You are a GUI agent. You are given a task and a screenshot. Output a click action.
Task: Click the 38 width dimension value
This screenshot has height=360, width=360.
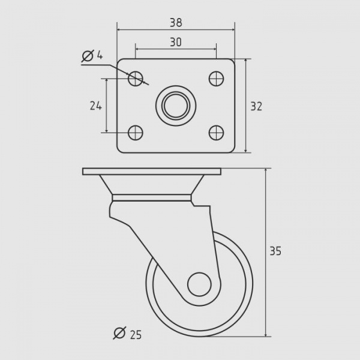(x=176, y=23)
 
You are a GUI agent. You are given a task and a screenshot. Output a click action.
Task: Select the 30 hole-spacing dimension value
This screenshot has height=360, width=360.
(x=176, y=42)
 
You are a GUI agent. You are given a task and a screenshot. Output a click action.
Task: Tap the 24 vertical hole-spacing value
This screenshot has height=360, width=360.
(x=95, y=106)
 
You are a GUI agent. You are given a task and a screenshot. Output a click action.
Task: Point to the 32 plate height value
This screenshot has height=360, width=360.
(x=256, y=107)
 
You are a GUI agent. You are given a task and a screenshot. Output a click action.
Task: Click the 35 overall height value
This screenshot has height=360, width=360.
(x=275, y=251)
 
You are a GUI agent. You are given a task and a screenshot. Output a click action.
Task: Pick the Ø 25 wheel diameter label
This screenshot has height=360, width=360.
(x=128, y=333)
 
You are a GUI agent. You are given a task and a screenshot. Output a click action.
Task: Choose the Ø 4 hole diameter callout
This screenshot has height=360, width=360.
(x=92, y=56)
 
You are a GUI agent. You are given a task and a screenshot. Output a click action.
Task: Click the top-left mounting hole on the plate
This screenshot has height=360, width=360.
(x=136, y=79)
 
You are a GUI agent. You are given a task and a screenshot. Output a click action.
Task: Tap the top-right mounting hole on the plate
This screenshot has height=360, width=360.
(x=216, y=79)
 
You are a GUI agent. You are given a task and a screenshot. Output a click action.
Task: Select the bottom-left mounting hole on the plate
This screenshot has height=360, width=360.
(x=136, y=133)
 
